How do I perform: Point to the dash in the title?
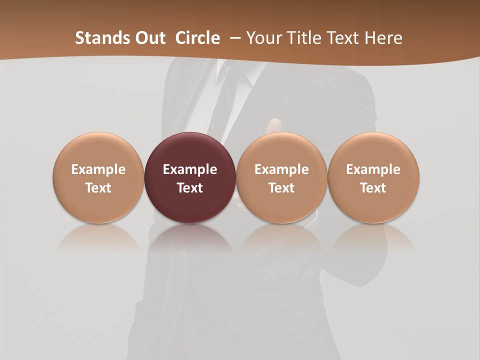pos(233,38)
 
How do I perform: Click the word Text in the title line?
pos(344,38)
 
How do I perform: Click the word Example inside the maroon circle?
pos(190,169)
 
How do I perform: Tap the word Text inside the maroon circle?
pos(190,188)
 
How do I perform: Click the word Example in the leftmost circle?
pos(98,169)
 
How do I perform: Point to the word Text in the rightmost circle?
pos(373,188)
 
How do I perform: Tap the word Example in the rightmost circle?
pos(373,169)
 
